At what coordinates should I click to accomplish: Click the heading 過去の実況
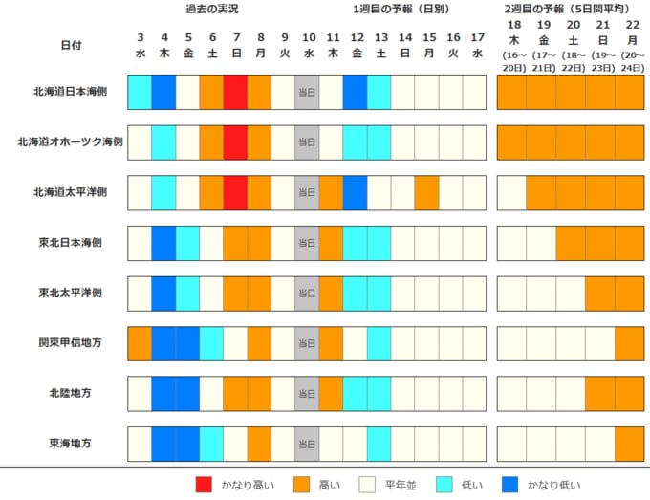click(212, 9)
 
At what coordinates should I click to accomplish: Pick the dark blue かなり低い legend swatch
click(514, 485)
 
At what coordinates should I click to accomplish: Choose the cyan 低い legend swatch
click(447, 485)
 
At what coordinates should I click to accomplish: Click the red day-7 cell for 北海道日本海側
click(235, 92)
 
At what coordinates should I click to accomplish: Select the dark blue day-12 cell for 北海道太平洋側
click(355, 192)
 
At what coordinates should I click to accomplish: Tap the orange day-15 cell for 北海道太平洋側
click(426, 192)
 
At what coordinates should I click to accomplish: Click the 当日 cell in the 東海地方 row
click(307, 444)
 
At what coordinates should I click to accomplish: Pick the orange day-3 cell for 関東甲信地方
click(140, 342)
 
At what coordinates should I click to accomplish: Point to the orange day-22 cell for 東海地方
click(630, 444)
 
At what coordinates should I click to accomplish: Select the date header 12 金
click(356, 45)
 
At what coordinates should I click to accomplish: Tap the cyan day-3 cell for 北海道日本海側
click(140, 92)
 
